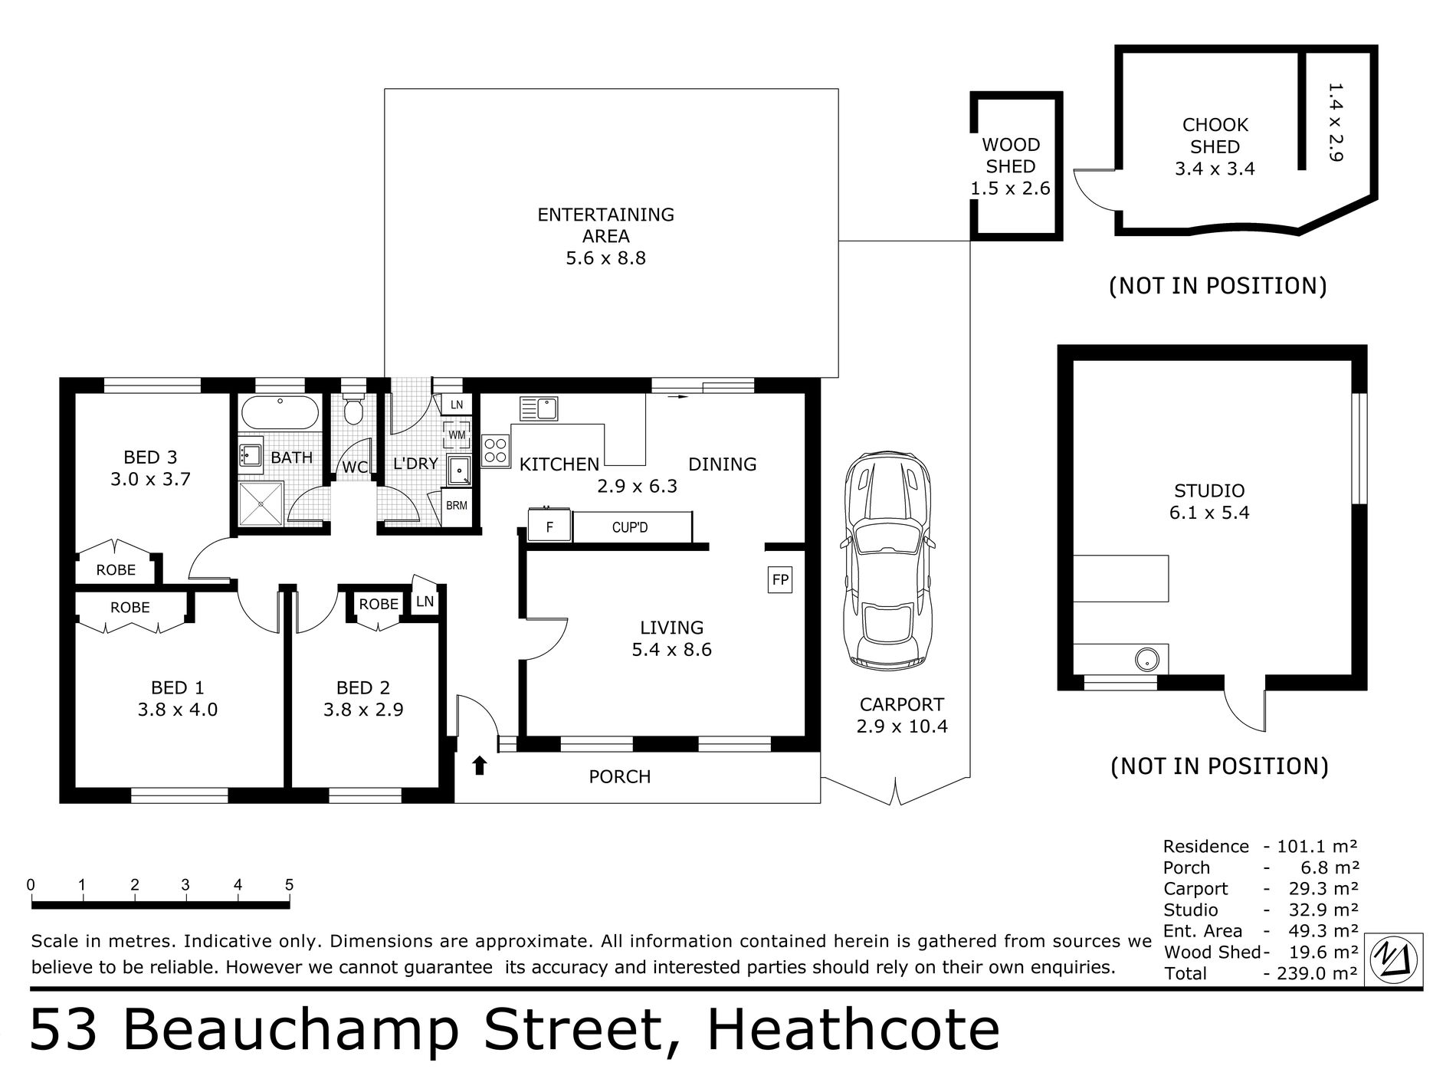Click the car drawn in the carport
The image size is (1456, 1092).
pyautogui.click(x=887, y=559)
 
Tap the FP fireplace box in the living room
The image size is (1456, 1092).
pyautogui.click(x=780, y=579)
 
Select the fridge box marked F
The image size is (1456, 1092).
pyautogui.click(x=549, y=526)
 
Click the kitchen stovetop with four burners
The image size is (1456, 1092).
pyautogui.click(x=496, y=451)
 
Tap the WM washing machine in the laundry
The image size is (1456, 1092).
pyautogui.click(x=457, y=435)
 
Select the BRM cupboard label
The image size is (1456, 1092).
pyautogui.click(x=457, y=506)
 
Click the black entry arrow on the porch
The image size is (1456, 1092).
pyautogui.click(x=480, y=765)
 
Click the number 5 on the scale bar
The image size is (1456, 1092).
pyautogui.click(x=289, y=885)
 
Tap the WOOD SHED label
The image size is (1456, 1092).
pyautogui.click(x=1011, y=156)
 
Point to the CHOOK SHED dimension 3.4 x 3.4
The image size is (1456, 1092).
pyautogui.click(x=1215, y=169)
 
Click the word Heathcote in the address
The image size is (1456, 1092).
pyautogui.click(x=853, y=1030)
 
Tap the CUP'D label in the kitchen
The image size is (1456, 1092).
pyautogui.click(x=630, y=527)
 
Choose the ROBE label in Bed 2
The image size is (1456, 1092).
pyautogui.click(x=379, y=604)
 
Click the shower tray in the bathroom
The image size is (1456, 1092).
pyautogui.click(x=261, y=503)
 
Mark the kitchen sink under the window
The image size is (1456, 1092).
pyautogui.click(x=538, y=408)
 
